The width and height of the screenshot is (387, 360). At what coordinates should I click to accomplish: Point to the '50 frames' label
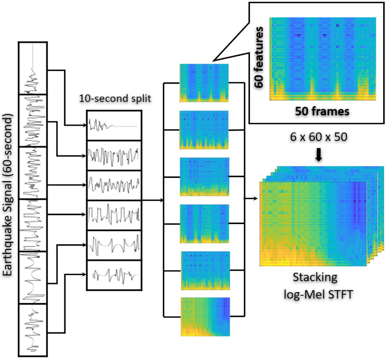click(322, 111)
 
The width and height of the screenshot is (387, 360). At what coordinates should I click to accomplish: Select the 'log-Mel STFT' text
click(318, 294)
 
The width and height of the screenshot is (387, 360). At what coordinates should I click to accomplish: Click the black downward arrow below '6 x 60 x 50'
click(319, 156)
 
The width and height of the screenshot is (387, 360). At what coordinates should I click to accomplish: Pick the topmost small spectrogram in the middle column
click(204, 83)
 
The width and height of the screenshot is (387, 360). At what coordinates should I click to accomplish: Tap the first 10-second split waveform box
click(114, 125)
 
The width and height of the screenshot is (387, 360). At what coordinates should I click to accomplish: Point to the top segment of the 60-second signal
click(33, 67)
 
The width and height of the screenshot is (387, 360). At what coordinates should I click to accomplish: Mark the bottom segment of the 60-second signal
click(33, 330)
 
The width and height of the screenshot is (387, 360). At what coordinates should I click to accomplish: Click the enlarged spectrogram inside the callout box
click(322, 58)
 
